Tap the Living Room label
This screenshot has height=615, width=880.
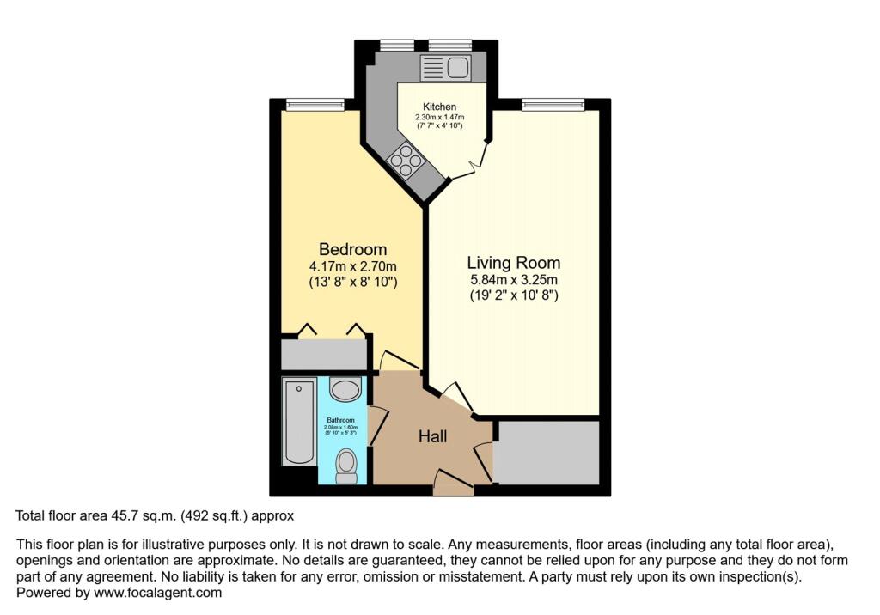point(513,263)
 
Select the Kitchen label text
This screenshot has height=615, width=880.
point(439,107)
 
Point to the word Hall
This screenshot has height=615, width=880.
point(432,437)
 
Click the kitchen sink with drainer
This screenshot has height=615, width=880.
point(443,67)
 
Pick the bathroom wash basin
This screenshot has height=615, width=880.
point(345,391)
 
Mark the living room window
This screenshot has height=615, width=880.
point(553,105)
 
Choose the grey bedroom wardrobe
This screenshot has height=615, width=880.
point(324,354)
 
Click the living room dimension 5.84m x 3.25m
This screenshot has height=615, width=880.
point(513,280)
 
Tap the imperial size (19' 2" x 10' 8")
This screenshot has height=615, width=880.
point(513,295)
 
